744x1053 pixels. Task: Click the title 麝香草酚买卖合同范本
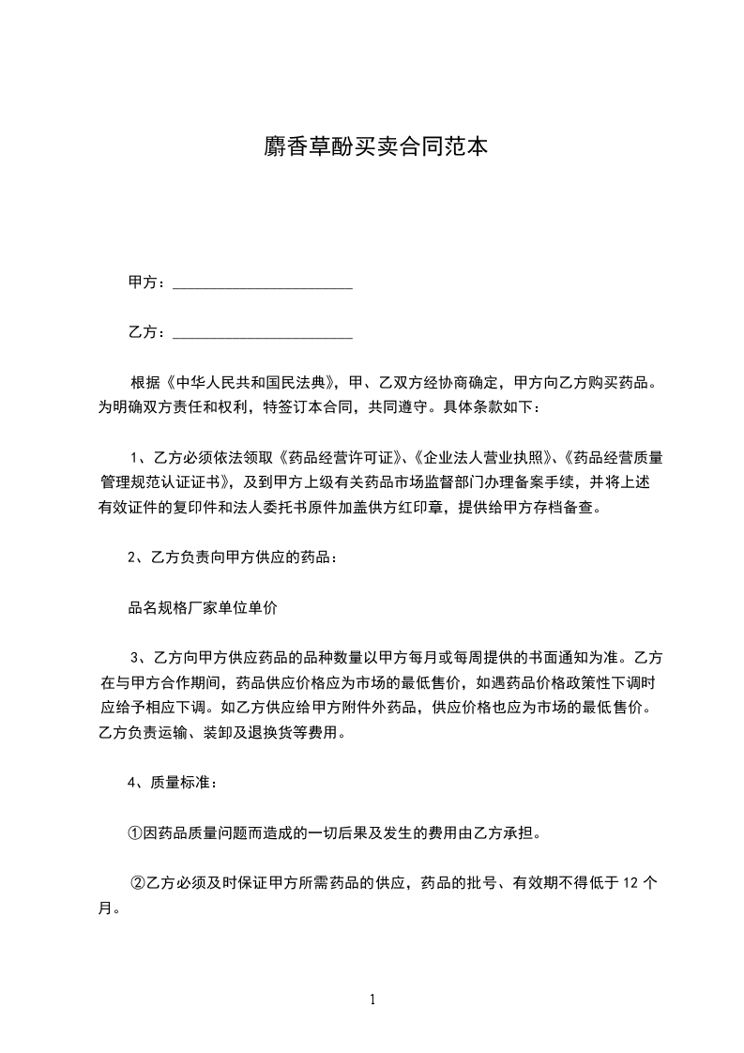coord(372,147)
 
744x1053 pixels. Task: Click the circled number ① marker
coord(134,832)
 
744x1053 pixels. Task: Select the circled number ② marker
coord(137,883)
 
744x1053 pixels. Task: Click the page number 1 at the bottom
coord(372,1000)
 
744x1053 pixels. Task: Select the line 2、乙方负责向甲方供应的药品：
coord(233,558)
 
